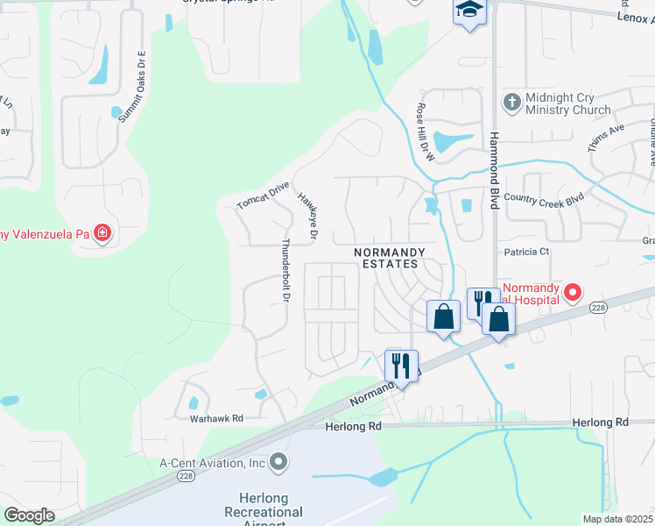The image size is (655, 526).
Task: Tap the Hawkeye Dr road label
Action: click(307, 218)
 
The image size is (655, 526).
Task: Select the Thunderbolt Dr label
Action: click(285, 272)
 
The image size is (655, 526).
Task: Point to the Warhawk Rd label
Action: click(216, 418)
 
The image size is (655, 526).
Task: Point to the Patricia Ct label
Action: click(525, 252)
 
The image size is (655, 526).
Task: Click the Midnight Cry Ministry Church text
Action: click(567, 103)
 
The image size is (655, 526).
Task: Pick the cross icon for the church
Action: click(511, 103)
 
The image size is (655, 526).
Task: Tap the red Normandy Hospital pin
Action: click(573, 292)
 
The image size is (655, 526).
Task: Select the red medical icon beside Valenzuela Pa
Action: click(102, 233)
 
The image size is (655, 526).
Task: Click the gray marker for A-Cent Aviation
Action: click(278, 461)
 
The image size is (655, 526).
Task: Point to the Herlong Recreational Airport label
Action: click(264, 512)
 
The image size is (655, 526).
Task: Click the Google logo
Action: click(29, 515)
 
